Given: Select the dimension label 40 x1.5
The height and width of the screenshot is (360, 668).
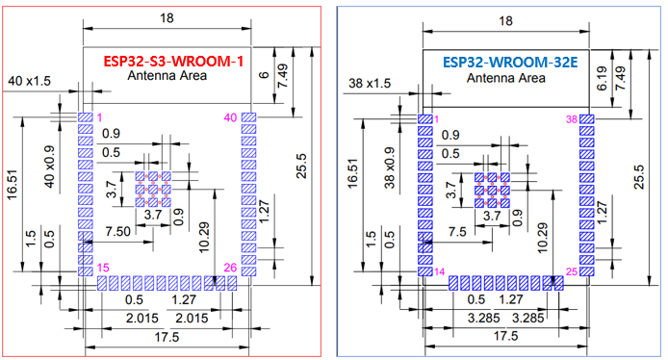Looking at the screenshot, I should (30, 83).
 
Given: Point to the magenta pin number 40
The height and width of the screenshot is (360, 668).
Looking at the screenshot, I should (229, 117).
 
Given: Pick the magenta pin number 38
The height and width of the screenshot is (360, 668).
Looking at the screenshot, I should (571, 118).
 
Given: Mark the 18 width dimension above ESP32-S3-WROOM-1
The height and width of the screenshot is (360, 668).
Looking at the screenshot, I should (167, 16).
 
